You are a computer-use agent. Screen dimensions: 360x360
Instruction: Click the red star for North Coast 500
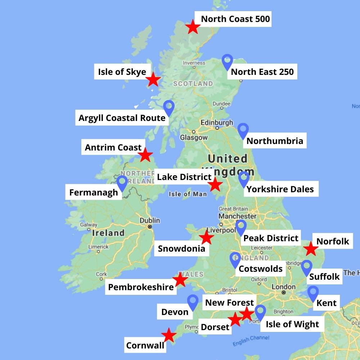(x=193, y=27)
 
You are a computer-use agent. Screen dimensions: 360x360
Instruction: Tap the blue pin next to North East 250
(x=227, y=61)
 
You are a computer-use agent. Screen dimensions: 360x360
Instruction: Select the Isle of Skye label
(x=122, y=72)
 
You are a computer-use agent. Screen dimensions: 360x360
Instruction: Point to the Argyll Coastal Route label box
(x=122, y=118)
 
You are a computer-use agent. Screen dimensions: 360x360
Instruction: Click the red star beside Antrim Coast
(x=145, y=155)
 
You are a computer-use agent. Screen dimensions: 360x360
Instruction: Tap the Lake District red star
(x=215, y=184)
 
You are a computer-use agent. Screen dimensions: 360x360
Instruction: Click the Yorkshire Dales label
(x=280, y=189)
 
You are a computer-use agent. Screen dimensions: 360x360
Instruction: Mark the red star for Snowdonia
(x=206, y=238)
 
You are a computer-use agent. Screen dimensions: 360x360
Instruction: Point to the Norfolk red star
(x=310, y=249)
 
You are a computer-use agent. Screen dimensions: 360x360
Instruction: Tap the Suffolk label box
(x=324, y=276)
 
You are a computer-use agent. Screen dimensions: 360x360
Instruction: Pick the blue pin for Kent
(x=313, y=293)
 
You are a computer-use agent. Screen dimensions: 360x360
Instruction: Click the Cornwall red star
(x=168, y=335)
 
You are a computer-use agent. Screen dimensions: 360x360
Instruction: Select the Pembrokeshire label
(x=141, y=287)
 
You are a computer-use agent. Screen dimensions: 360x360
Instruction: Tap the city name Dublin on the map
(x=150, y=220)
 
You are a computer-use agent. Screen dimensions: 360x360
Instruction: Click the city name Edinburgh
(x=217, y=122)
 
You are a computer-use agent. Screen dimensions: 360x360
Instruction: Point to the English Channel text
(x=251, y=341)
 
